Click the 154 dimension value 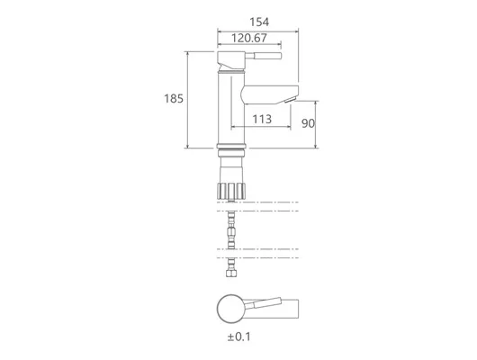pos(259,22)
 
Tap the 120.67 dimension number pos(249,38)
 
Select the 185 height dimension pos(174,99)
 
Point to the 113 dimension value pos(262,119)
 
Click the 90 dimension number pos(308,123)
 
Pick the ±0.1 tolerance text pos(239,337)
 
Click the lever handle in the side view pos(264,56)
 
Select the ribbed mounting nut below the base pos(231,191)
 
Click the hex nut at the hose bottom pos(231,272)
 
